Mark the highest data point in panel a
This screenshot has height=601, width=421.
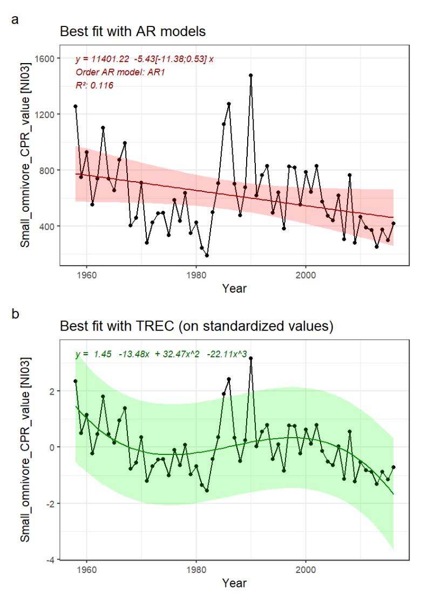click(251, 75)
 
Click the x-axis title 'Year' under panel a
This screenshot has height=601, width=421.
click(235, 288)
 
